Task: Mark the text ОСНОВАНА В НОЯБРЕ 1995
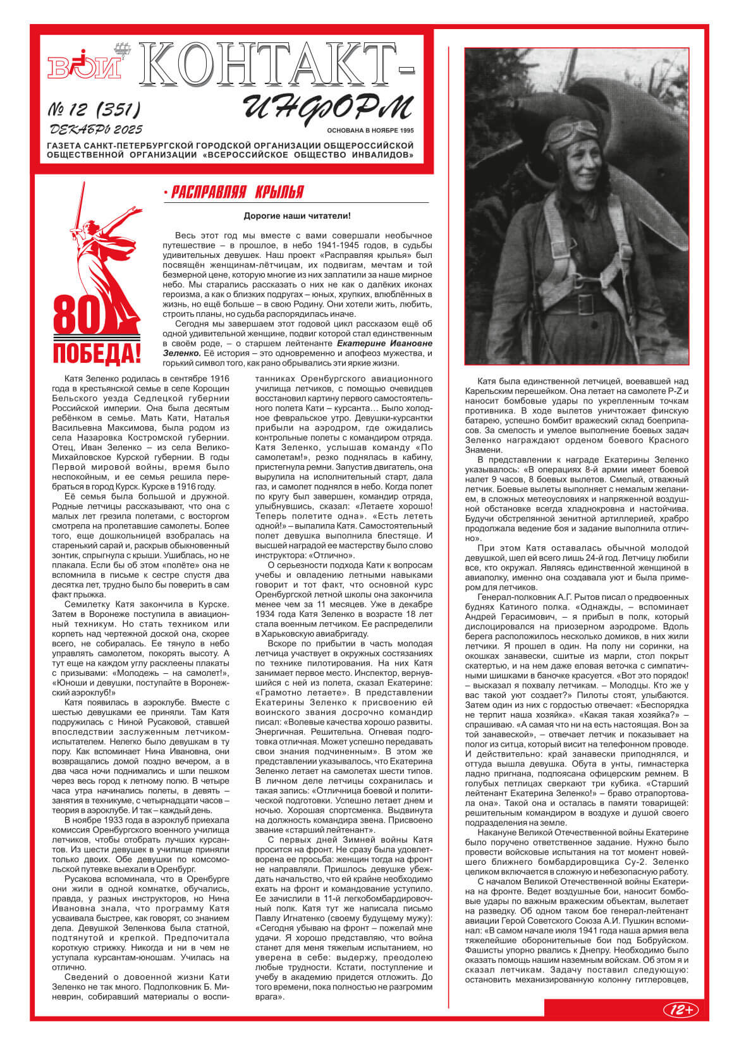point(370,130)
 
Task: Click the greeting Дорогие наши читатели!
point(296,216)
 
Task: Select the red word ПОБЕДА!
point(96,353)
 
